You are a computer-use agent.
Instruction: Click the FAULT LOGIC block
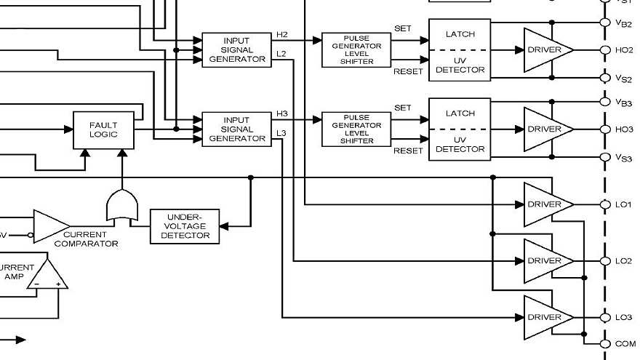point(103,129)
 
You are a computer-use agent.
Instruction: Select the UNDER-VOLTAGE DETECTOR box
point(185,225)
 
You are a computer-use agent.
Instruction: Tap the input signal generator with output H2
point(236,49)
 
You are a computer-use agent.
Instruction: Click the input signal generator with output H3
point(236,129)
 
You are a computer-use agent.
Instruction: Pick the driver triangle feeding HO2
point(545,50)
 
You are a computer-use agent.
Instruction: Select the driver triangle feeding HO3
point(545,129)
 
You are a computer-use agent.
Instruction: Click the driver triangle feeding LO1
point(545,204)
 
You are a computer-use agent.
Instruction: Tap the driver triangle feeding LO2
point(545,260)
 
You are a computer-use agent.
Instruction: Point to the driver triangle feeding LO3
point(545,317)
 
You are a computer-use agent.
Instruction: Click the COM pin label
point(625,344)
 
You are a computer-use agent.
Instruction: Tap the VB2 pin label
point(623,23)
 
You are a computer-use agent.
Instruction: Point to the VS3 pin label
point(623,158)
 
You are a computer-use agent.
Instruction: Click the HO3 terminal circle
point(604,129)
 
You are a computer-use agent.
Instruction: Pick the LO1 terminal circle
point(604,204)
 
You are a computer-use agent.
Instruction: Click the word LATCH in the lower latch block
point(459,113)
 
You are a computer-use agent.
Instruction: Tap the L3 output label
point(281,133)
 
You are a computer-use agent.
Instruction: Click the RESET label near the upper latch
point(407,71)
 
